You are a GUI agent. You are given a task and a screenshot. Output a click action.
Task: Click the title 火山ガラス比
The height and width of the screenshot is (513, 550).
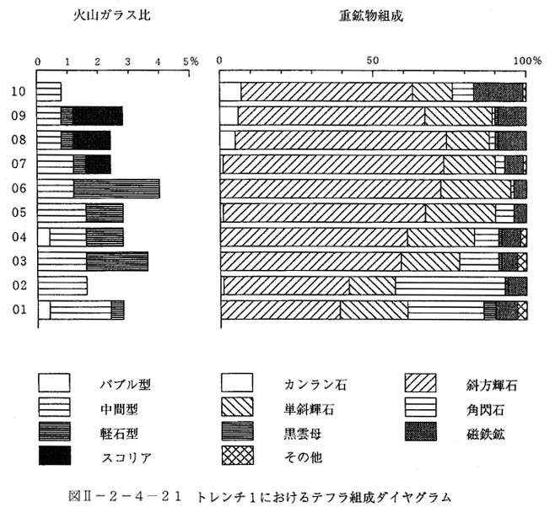pyautogui.click(x=112, y=15)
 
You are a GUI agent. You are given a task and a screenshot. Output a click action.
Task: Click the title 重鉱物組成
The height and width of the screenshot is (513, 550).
pyautogui.click(x=371, y=16)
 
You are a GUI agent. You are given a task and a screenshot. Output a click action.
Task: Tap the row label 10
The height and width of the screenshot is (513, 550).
pyautogui.click(x=19, y=92)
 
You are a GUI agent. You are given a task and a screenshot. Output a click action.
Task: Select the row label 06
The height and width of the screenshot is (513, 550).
pyautogui.click(x=19, y=188)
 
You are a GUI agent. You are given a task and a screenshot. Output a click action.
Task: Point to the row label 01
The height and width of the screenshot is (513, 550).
pyautogui.click(x=19, y=310)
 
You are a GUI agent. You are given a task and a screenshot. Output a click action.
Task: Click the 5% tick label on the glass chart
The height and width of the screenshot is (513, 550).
pyautogui.click(x=191, y=62)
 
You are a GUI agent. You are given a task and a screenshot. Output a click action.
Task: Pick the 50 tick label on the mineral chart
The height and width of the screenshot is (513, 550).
pyautogui.click(x=373, y=61)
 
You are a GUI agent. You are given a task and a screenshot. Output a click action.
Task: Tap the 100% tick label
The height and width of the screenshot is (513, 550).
pyautogui.click(x=527, y=61)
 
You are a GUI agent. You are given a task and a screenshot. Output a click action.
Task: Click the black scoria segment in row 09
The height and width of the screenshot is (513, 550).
pyautogui.click(x=98, y=116)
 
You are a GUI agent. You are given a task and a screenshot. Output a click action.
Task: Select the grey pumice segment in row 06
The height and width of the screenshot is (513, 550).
pyautogui.click(x=116, y=189)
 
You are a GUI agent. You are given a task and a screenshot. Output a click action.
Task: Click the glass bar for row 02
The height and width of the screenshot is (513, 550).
pyautogui.click(x=62, y=286)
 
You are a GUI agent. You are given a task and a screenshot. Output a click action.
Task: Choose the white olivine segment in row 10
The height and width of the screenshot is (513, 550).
pyautogui.click(x=230, y=92)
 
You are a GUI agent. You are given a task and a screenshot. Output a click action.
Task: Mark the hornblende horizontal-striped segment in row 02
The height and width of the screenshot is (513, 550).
pyautogui.click(x=450, y=286)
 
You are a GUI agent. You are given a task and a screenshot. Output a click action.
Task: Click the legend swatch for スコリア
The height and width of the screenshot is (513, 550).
pyautogui.click(x=54, y=455)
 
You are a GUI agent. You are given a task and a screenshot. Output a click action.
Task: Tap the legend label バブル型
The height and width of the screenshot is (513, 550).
pyautogui.click(x=125, y=385)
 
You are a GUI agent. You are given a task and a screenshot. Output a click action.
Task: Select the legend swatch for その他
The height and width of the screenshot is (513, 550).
pyautogui.click(x=238, y=455)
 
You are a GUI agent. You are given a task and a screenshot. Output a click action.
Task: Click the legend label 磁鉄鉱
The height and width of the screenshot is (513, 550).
pyautogui.click(x=485, y=435)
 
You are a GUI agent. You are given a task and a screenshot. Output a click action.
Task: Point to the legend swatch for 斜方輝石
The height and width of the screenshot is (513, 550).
pyautogui.click(x=421, y=382)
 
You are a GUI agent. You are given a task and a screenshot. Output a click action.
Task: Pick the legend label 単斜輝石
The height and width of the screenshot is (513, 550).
pyautogui.click(x=309, y=409)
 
